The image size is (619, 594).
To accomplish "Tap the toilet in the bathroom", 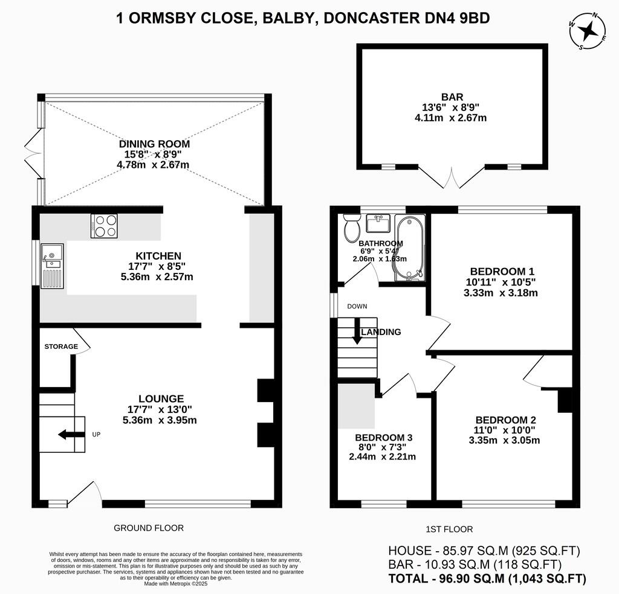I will [351, 228].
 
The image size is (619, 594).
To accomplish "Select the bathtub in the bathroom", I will [410, 249].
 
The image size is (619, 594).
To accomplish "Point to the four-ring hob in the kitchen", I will [104, 226].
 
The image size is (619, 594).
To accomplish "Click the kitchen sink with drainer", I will [52, 266].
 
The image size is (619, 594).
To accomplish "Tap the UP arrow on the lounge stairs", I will [71, 434].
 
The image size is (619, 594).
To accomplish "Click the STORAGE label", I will [61, 346].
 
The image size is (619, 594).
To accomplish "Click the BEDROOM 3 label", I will [383, 437].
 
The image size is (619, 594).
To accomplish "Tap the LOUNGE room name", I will [161, 398].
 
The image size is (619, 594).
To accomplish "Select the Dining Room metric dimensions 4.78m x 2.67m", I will [154, 165].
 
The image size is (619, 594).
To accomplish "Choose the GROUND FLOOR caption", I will [149, 528].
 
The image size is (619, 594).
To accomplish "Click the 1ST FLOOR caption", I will [449, 529].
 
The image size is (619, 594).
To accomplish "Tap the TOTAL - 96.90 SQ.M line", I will [487, 578].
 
